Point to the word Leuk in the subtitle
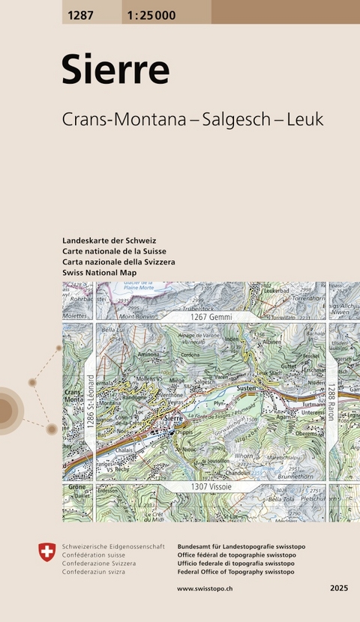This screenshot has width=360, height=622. [304, 120]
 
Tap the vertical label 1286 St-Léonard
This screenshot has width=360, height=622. [90, 402]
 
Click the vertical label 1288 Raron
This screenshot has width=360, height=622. [331, 402]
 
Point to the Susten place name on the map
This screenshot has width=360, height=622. [247, 390]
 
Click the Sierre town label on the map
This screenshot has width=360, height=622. [172, 417]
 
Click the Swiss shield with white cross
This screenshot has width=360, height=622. [46, 554]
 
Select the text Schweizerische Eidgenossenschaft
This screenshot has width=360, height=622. [113, 547]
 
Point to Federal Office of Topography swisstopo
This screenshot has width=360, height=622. [235, 572]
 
